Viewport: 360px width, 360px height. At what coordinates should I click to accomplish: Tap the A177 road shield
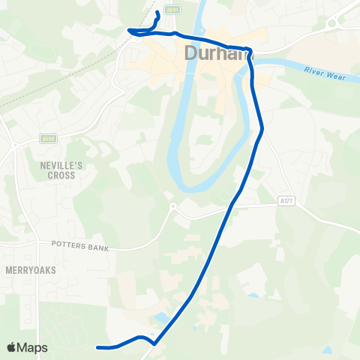(x=285, y=200)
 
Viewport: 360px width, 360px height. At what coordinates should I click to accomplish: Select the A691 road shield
(x=173, y=9)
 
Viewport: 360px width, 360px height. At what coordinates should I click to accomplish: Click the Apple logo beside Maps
(x=13, y=347)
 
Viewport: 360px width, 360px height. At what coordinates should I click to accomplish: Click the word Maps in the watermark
(x=34, y=347)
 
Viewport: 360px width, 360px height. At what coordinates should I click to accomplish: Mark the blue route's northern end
(x=157, y=13)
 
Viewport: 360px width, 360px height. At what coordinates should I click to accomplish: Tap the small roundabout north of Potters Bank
(x=173, y=206)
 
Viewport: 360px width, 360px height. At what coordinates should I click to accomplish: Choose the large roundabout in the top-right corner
(x=332, y=23)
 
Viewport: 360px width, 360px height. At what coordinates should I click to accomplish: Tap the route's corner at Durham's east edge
(x=250, y=53)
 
